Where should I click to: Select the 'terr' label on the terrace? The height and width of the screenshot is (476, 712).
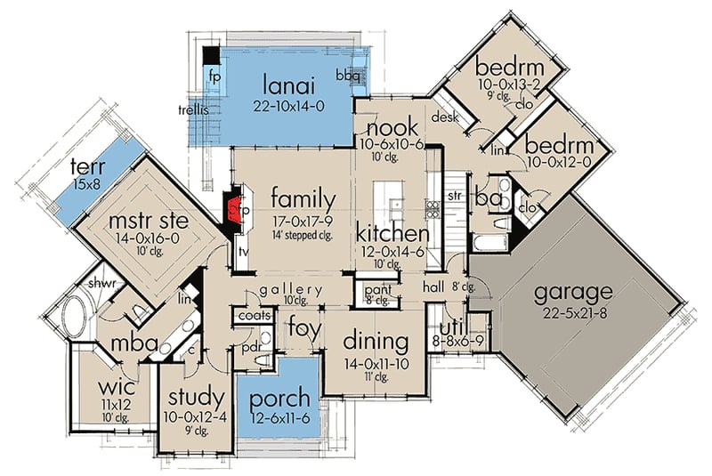(88, 165)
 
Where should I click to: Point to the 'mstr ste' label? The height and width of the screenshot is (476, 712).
(142, 219)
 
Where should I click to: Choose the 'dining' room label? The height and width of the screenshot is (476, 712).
(377, 342)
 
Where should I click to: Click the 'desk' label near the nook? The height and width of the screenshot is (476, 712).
(443, 117)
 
